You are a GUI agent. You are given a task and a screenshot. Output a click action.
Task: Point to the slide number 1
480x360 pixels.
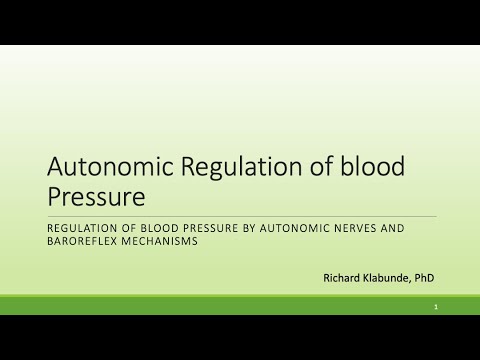pos(436,306)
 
